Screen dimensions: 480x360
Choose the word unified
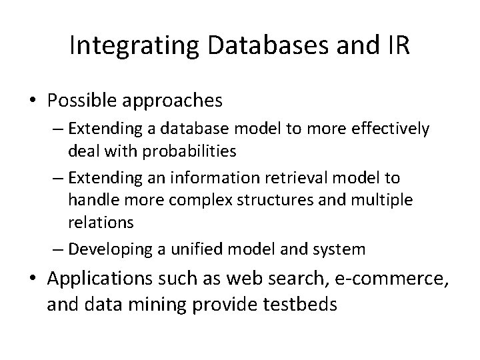(200, 249)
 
